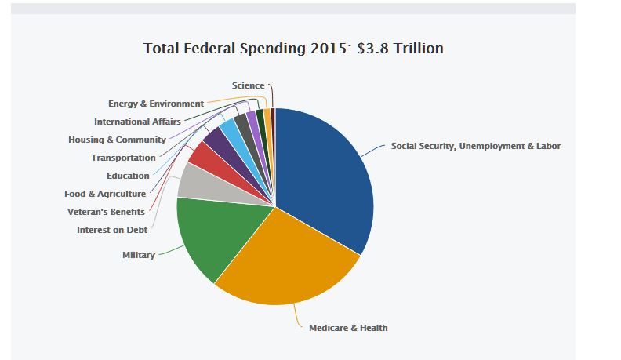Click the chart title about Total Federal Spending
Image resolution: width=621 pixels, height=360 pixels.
coord(293,49)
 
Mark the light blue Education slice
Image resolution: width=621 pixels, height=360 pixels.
coord(229,130)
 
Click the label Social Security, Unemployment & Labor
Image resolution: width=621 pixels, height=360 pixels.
coord(476,146)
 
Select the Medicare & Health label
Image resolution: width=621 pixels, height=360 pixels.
coord(348,328)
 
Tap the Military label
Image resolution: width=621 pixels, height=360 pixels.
coord(139,255)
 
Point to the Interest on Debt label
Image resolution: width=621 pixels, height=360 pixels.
coord(112,230)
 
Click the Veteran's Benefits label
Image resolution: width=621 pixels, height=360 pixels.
coord(107,211)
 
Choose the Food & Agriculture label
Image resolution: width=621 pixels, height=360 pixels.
coord(105,194)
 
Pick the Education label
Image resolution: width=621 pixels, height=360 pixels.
coord(128,176)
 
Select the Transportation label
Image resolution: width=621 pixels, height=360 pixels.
coord(123,158)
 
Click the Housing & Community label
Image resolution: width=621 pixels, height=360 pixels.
coord(117,140)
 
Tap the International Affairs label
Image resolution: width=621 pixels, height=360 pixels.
coord(137,122)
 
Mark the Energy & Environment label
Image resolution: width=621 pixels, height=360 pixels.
coord(156,104)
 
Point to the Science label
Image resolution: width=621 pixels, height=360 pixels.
coord(248,85)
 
